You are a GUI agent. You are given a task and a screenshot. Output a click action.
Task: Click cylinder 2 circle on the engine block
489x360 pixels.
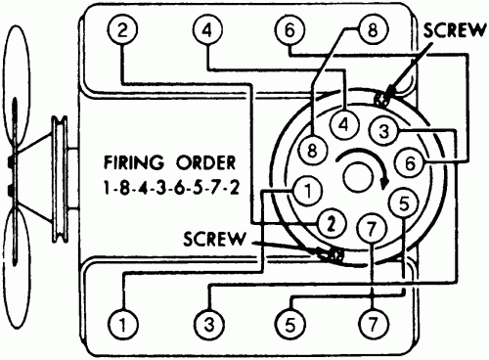pos(122,31)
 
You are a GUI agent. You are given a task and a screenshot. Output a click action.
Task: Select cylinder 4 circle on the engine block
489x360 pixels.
pos(206,31)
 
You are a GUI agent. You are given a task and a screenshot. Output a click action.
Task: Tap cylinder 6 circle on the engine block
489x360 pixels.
pos(289,31)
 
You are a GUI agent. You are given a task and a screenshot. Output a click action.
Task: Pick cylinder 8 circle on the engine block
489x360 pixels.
pos(370,31)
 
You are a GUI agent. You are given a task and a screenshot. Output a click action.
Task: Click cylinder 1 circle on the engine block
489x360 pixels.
pos(122,321)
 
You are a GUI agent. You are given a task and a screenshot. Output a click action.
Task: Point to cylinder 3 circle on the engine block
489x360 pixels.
pos(206,321)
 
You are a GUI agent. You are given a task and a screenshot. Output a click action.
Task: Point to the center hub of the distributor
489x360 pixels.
pos(359,176)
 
